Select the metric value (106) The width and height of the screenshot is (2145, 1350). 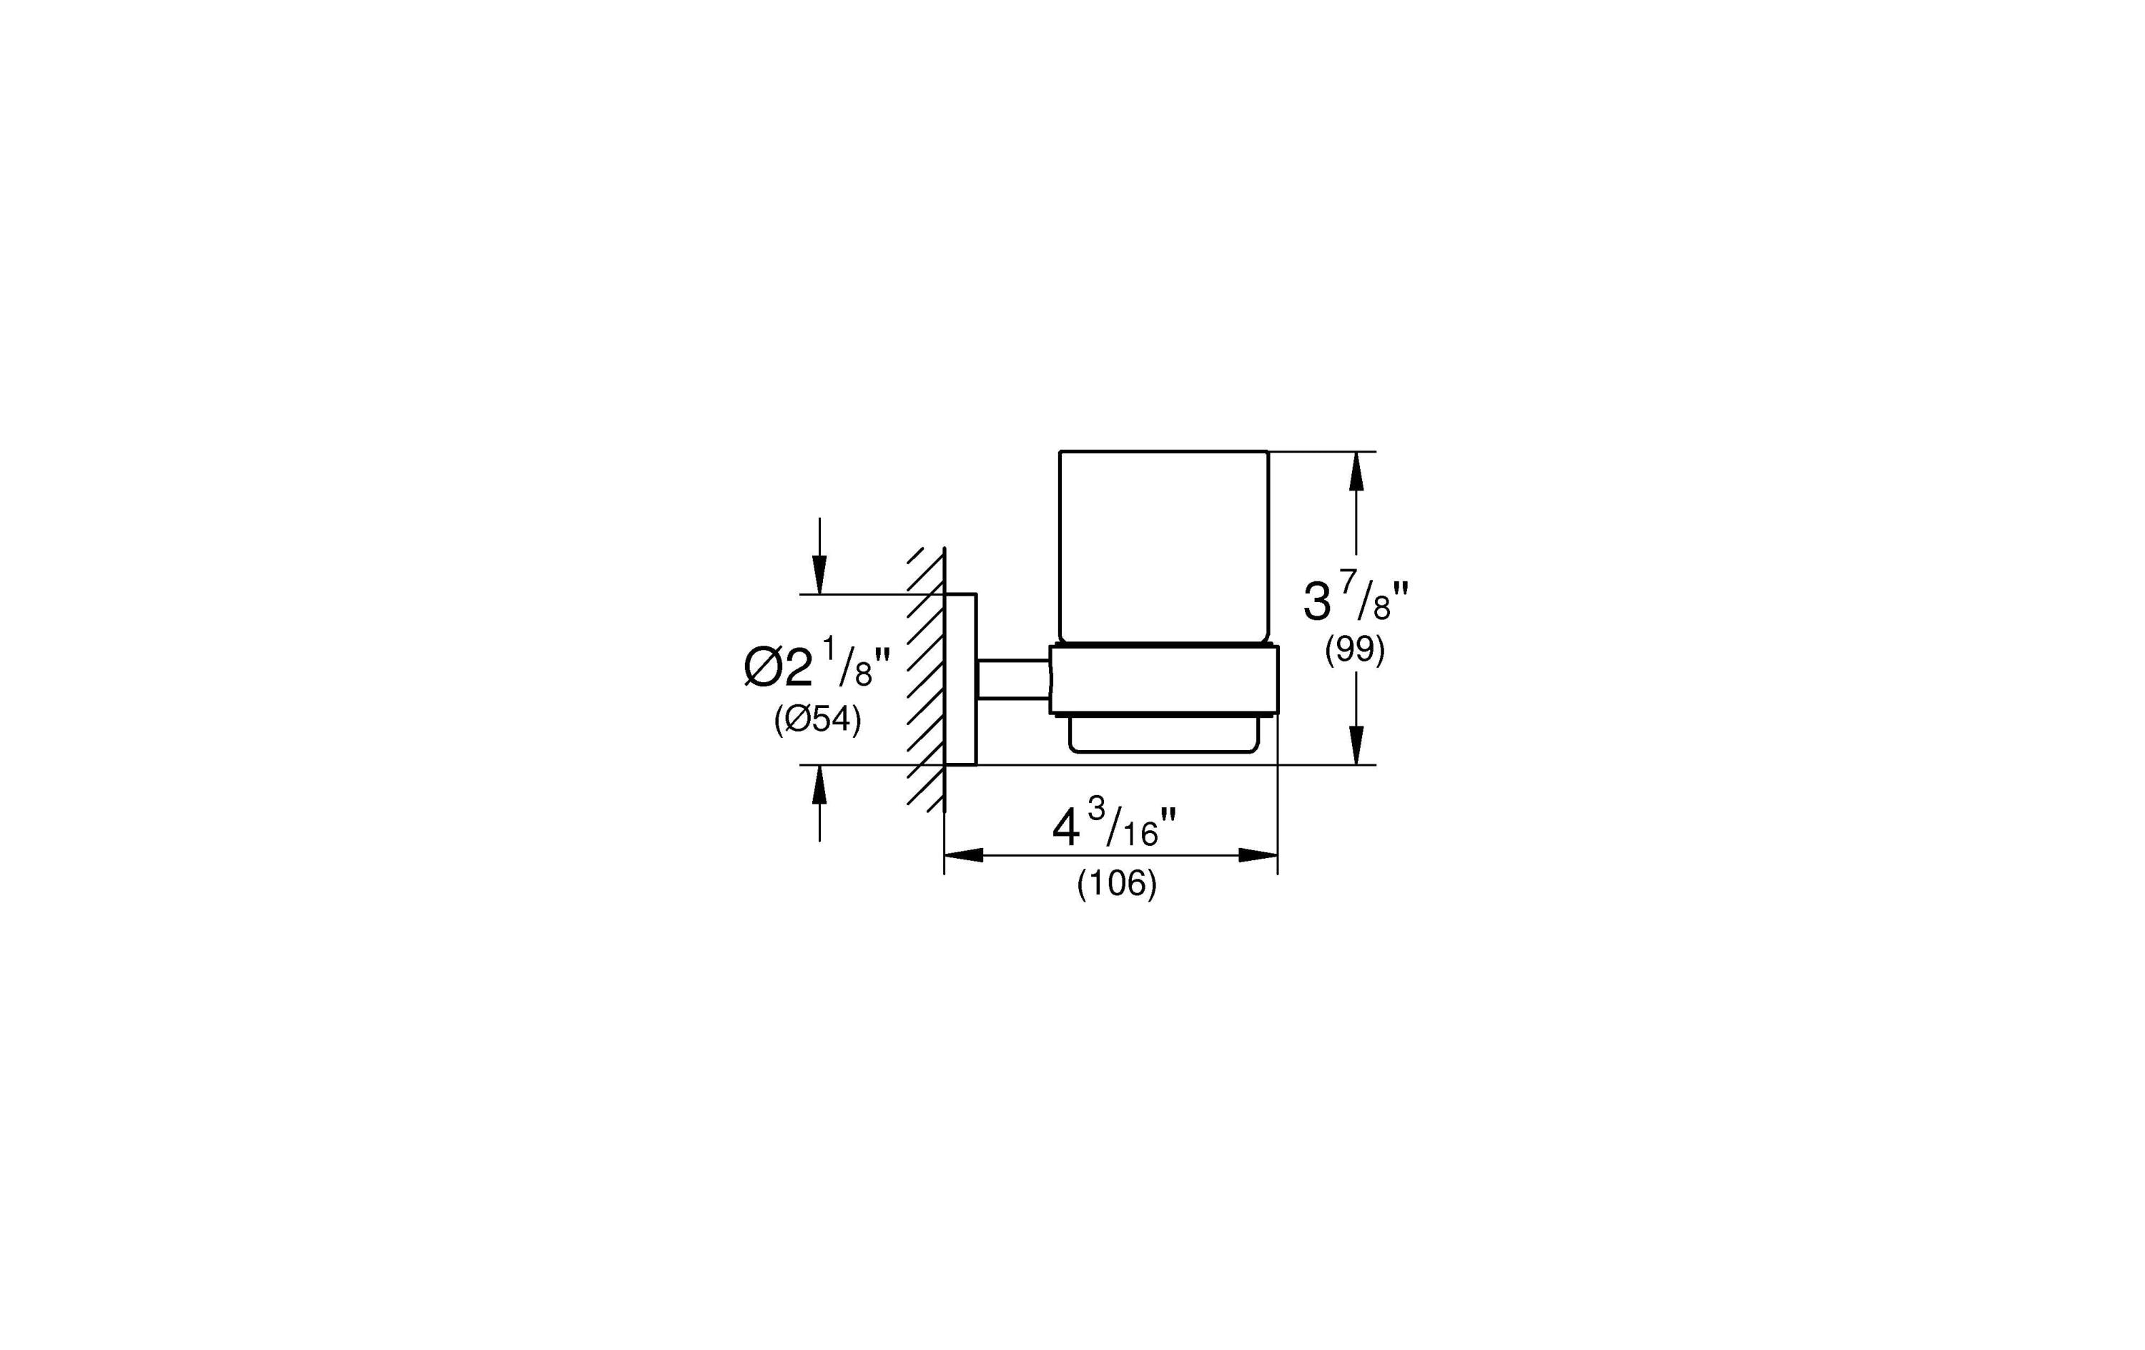point(1116,883)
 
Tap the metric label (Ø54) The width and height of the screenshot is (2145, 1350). point(817,719)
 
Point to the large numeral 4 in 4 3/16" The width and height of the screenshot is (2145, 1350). point(1065,829)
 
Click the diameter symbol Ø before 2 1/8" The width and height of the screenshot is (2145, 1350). point(762,669)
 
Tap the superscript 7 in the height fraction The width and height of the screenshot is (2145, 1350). point(1348,582)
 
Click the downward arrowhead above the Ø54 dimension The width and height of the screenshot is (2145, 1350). point(819,574)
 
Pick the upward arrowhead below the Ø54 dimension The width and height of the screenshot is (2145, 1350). point(819,785)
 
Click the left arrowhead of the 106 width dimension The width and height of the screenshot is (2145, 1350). point(964,855)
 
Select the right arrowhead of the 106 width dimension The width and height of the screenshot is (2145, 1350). point(1258,855)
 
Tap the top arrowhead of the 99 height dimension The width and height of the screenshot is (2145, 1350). point(1356,471)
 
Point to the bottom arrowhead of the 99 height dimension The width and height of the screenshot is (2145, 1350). point(1356,745)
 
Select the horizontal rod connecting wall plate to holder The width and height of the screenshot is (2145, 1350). point(1014,679)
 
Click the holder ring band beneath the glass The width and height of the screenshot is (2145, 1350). point(1163,679)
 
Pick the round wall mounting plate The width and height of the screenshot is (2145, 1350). point(960,679)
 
